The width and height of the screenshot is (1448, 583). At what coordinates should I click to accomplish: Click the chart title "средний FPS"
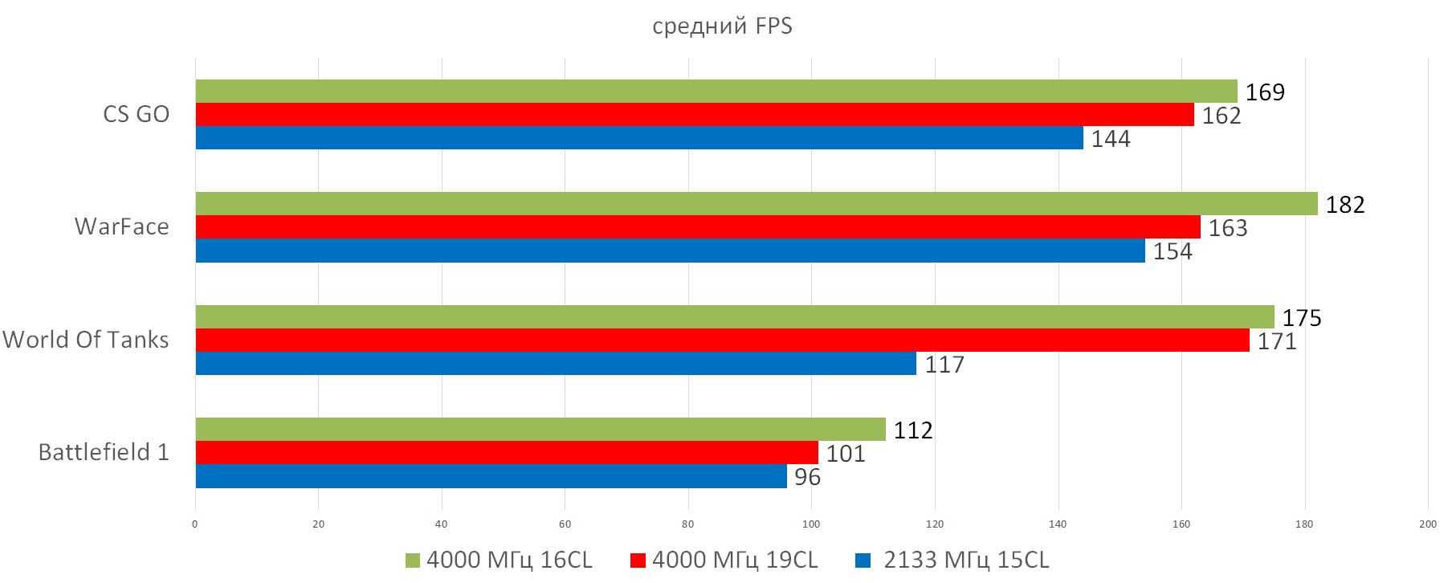point(722,26)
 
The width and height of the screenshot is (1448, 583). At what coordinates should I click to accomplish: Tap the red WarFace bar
point(697,227)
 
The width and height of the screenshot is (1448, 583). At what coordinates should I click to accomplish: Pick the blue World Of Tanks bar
point(556,364)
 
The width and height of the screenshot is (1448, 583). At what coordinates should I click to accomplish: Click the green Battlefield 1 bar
point(540,430)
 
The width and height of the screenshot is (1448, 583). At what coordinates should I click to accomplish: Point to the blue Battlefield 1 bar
point(491,476)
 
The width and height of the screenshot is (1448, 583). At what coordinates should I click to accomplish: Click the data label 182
point(1345,205)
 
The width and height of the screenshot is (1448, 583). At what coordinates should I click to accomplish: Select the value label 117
point(944,365)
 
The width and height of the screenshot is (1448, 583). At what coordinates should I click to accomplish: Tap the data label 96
point(807,478)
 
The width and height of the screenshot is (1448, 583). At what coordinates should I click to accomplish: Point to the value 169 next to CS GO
point(1265,92)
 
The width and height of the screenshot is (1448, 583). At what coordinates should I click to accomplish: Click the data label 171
point(1277,342)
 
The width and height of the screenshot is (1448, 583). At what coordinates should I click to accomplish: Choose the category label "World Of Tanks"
point(86,340)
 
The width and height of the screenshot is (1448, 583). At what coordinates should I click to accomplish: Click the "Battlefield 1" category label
point(104,452)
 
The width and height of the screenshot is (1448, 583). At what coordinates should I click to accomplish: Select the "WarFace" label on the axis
point(121,226)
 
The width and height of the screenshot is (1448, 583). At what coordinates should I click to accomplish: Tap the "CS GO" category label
point(136,114)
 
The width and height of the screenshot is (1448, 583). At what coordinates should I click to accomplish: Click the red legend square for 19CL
point(638,560)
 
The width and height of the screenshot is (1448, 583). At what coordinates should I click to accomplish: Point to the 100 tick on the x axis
point(811,524)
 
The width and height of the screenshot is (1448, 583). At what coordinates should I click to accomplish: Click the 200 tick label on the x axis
point(1427,524)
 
